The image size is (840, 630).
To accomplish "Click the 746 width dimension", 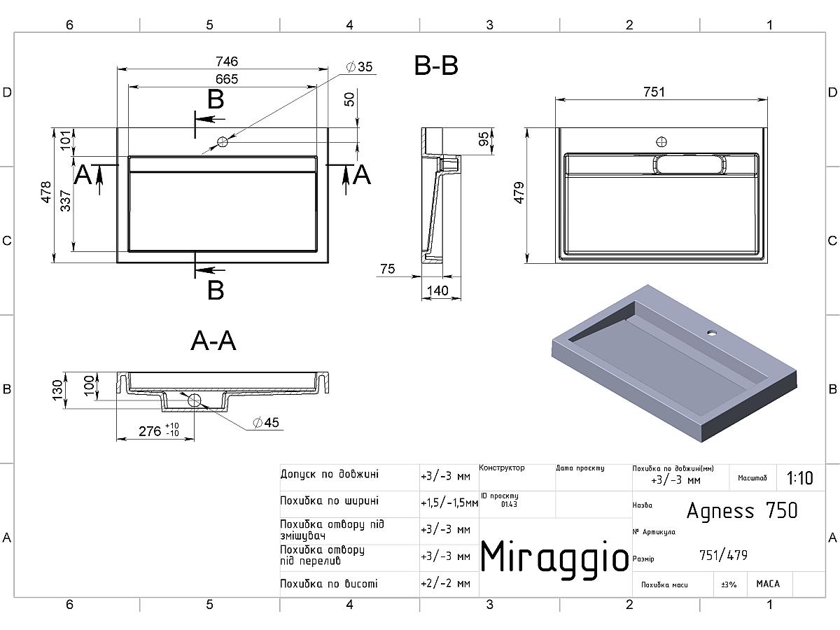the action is (227, 61).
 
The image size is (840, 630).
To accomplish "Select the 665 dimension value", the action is (227, 79).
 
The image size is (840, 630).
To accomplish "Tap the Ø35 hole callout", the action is (359, 67).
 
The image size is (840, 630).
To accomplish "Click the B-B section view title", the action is (436, 65).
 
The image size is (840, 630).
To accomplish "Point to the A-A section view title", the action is (213, 340).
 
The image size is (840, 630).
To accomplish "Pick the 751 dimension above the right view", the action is (654, 92).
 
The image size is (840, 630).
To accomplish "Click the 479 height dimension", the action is (519, 192).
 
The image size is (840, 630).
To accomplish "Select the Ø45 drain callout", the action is (266, 423).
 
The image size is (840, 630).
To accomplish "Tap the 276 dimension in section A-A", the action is (150, 431).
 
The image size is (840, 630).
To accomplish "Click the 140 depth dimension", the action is (437, 290).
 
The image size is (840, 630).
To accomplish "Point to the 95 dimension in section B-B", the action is (484, 139).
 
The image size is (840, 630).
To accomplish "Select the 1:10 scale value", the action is (799, 478).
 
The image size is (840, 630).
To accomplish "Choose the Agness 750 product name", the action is (741, 510).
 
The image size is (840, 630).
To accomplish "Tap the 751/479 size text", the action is (723, 555).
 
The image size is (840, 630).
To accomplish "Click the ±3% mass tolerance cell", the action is (729, 584).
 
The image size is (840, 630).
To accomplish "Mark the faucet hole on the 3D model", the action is (712, 332).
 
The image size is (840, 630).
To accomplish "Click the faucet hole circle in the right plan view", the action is (661, 142).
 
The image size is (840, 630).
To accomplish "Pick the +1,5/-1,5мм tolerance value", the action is (449, 503).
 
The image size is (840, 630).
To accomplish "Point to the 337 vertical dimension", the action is (66, 201).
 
